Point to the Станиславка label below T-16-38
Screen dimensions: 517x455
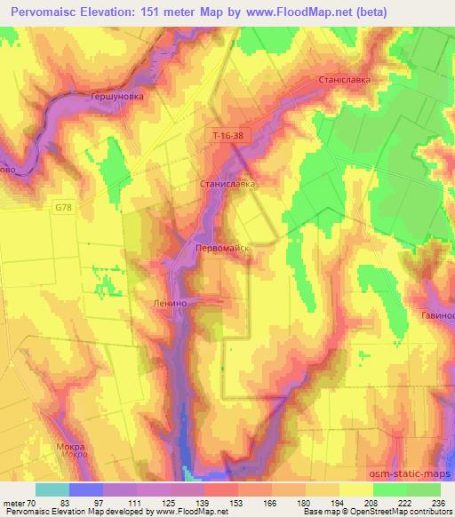pos(227,185)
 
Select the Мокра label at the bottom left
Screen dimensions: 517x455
pos(70,446)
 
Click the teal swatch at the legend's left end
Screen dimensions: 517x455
pos(52,489)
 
